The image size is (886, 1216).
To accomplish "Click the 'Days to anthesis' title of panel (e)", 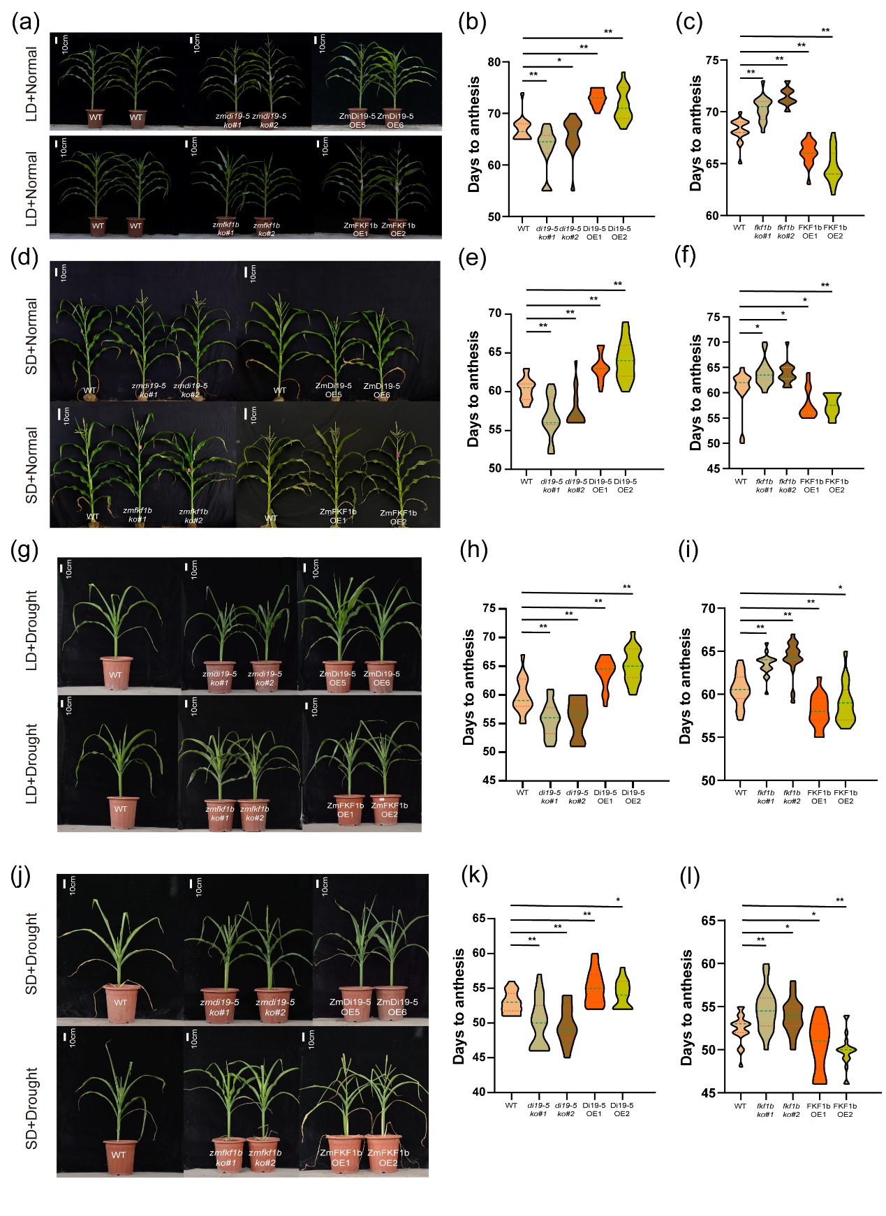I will [x=474, y=388].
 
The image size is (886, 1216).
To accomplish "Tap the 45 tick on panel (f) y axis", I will [x=714, y=468].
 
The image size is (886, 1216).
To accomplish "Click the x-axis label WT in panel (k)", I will [x=511, y=1106].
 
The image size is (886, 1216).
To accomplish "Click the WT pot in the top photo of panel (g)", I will [x=117, y=672].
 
